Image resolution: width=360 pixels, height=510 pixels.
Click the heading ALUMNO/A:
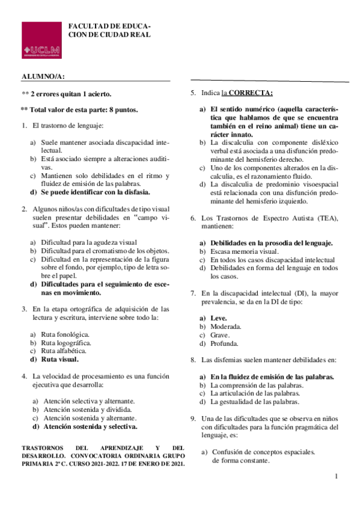(43, 76)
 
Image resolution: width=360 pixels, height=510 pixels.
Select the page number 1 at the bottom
(337, 476)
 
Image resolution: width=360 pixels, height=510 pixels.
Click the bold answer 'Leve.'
(218, 318)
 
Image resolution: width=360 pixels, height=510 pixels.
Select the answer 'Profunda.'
(224, 344)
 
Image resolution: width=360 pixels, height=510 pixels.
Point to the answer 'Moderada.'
(225, 327)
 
